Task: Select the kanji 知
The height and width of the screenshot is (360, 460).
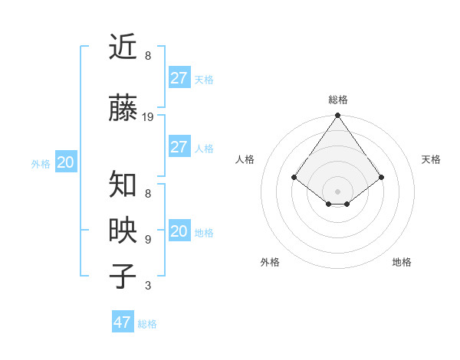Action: (123, 184)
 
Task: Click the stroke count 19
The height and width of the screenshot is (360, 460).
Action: (149, 117)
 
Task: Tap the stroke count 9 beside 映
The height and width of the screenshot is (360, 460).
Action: (148, 240)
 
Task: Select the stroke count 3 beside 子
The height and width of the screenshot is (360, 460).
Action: (148, 286)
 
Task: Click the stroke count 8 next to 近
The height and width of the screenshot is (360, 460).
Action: (148, 56)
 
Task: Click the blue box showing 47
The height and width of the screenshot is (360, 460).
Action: (123, 322)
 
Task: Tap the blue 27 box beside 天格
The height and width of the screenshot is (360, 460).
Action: (179, 78)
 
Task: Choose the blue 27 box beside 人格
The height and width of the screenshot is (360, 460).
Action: (179, 147)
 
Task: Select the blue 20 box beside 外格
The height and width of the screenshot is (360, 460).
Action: (66, 162)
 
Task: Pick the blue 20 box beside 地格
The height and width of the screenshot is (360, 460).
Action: (179, 231)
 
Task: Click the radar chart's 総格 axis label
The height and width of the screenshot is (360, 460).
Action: (337, 100)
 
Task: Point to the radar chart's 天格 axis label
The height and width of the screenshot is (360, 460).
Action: (431, 159)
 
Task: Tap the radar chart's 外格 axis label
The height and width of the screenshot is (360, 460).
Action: (270, 262)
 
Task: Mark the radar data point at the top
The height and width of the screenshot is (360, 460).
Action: (337, 116)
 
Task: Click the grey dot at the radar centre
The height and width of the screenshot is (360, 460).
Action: (337, 191)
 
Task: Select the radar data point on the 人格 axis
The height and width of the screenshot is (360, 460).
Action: (294, 177)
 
